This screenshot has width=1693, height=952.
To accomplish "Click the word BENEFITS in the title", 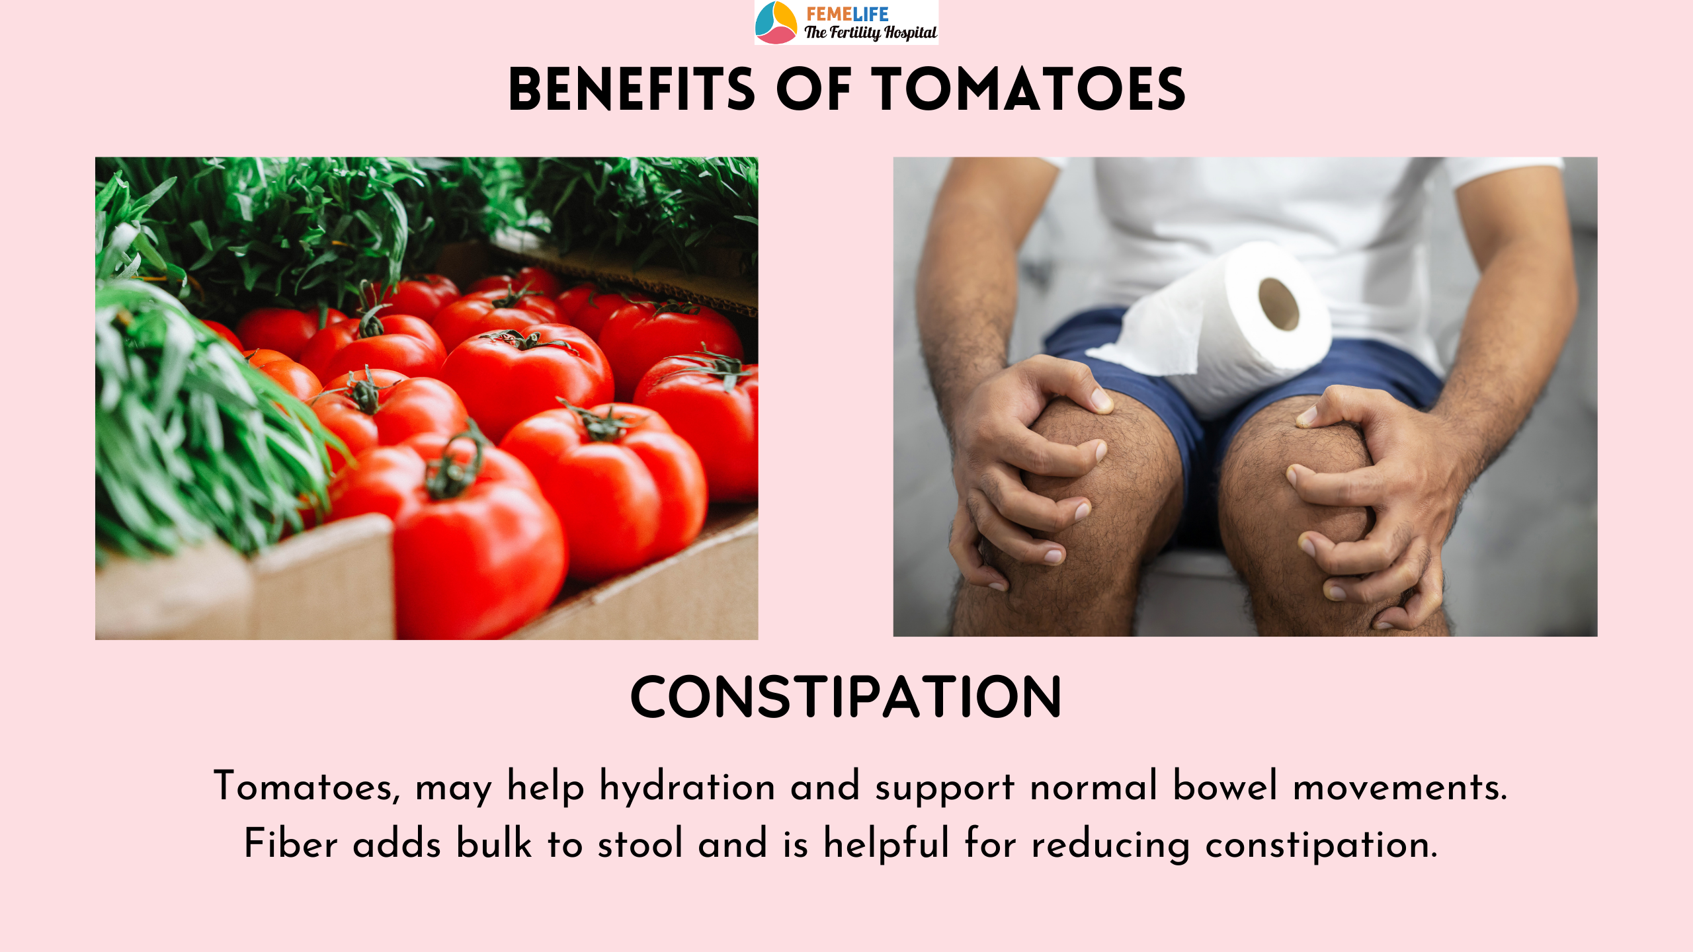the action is tap(632, 90).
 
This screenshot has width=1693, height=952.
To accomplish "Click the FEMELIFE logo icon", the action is tap(776, 22).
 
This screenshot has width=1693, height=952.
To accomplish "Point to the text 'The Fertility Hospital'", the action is tap(870, 32).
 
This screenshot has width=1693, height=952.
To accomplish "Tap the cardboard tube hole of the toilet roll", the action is tap(1279, 304).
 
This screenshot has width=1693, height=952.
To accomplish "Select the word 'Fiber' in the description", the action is tap(291, 844).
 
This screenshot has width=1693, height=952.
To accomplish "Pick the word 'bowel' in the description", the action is tap(1225, 787).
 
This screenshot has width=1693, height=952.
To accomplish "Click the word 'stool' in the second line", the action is tap(640, 844).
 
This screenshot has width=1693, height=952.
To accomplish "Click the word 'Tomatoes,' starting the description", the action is tap(307, 787).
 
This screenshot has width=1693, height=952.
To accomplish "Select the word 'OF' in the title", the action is tap(814, 90).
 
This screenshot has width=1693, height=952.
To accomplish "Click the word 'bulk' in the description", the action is tap(494, 843).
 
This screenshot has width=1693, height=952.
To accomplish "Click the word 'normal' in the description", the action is tap(1094, 787).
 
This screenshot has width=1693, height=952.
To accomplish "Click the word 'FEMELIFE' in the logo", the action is tap(847, 14).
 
